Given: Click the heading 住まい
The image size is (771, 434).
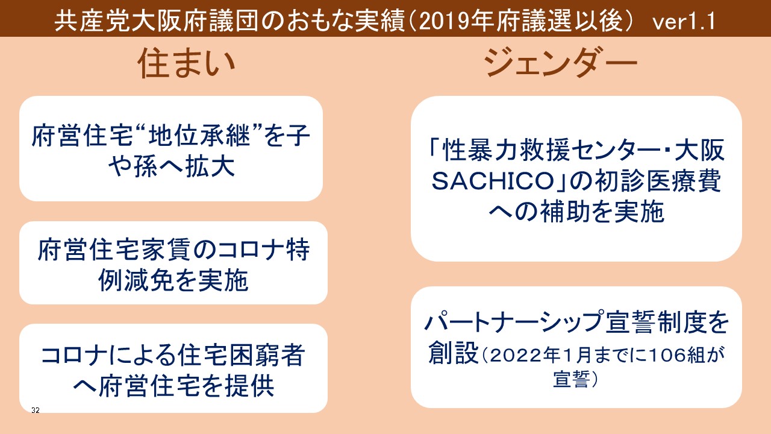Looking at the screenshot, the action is point(186,64).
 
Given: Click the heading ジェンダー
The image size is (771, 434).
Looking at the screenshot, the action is point(560,62).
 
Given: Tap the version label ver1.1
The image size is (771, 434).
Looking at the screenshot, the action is point(684,21).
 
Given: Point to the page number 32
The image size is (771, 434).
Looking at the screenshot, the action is point(36,410).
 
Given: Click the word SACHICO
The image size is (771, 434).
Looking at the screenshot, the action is point(492,181).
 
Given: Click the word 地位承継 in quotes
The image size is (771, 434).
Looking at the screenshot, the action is point(199,136).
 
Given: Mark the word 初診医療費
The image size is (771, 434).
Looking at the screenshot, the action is point(658,181).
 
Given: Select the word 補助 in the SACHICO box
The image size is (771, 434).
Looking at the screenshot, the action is point(566,212).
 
